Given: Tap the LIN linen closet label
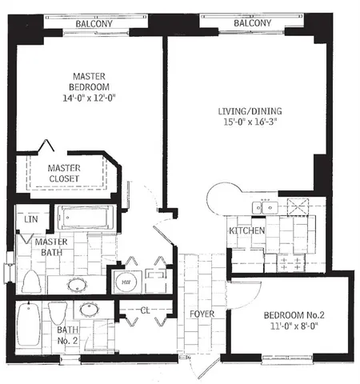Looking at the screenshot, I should tap(31, 218).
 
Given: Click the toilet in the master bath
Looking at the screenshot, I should tap(31, 282).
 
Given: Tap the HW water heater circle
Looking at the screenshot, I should tap(126, 282).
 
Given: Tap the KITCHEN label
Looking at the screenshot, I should tap(246, 231).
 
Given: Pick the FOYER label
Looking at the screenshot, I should tap(202, 314).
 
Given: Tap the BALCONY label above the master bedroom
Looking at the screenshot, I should tap(93, 24).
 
